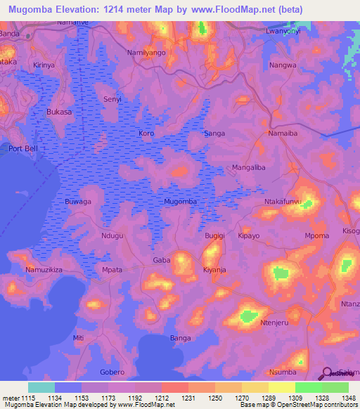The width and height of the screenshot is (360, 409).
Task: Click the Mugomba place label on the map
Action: pos(180,202)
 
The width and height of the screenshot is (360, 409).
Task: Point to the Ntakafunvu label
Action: pos(282,202)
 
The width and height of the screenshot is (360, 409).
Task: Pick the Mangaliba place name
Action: pos(249,167)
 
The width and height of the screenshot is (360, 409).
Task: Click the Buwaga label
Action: pos(78,202)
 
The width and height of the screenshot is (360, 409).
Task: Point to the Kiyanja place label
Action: pos(214,270)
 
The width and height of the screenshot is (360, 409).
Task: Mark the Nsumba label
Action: pos(283,372)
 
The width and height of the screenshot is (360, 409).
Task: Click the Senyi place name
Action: pos(112,100)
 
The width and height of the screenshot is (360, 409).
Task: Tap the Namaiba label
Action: pos(284,133)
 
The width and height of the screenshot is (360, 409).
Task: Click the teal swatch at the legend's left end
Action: pos(41,387)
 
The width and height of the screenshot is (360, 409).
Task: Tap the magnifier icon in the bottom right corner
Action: pos(327,375)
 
